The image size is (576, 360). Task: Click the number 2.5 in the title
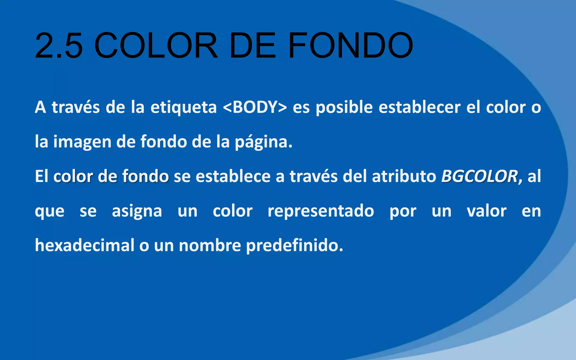59,46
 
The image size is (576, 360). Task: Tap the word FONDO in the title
350,46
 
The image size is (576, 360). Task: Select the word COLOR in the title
156,46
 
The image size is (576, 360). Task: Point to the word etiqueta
183,108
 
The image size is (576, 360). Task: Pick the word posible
344,108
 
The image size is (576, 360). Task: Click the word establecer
419,107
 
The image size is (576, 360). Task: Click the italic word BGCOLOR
479,177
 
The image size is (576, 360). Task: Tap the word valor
487,211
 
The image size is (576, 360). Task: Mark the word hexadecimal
85,245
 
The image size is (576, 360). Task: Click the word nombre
210,245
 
